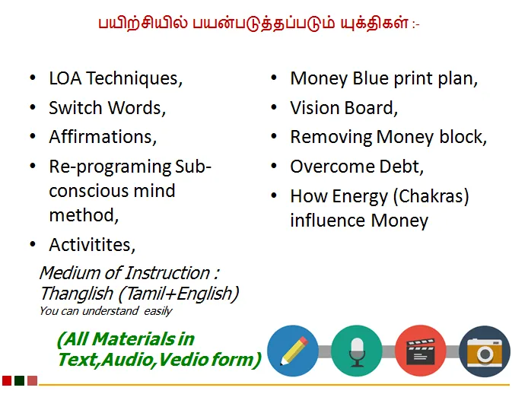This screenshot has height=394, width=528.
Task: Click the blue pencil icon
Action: coord(293,351)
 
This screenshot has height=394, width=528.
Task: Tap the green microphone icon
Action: coord(357,351)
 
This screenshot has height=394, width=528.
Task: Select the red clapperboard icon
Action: coord(421,351)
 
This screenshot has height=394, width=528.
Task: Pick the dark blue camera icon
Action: coord(485,351)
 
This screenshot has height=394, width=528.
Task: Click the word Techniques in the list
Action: coord(134,79)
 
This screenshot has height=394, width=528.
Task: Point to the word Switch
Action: coord(75,108)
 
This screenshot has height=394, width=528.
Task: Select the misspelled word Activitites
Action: coord(92,245)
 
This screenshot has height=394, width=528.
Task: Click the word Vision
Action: coord(314,108)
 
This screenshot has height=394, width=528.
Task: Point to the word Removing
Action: coord(331,138)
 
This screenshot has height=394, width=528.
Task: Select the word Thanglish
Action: coord(76,294)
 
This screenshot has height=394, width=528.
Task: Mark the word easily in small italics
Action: coord(158,311)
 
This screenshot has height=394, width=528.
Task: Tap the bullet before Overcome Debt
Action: coord(274,167)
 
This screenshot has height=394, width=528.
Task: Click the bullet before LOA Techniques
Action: coord(33,78)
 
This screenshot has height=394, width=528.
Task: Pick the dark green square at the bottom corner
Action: coord(20,380)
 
